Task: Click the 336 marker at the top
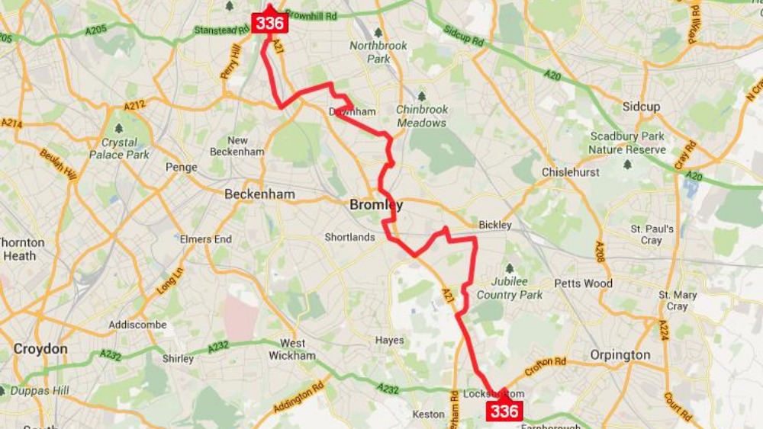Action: [270, 23]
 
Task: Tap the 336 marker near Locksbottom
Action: [504, 411]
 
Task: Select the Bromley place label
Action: [375, 205]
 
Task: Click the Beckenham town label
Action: [259, 194]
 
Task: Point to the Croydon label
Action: [40, 348]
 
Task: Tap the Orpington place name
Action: [620, 355]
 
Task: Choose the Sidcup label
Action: [641, 107]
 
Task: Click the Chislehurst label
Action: [571, 172]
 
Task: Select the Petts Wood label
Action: [584, 283]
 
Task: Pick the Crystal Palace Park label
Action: [119, 148]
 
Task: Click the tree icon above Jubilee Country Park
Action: [509, 267]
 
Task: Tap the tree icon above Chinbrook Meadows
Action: [421, 97]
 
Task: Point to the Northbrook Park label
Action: [378, 52]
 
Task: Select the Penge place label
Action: [182, 168]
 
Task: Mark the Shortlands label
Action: [349, 237]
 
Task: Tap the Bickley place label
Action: [495, 225]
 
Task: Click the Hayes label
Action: [389, 341]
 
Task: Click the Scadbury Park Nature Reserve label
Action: [627, 143]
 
